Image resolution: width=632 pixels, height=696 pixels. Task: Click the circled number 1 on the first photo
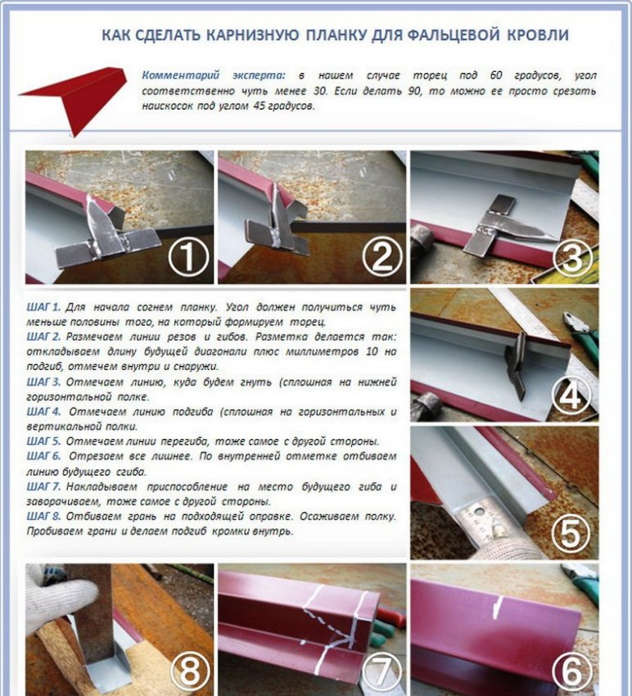point(188,255)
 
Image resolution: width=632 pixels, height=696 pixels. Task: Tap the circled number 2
point(382,255)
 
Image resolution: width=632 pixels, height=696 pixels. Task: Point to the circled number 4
point(571,395)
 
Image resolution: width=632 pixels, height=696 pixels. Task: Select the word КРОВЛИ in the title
point(538,35)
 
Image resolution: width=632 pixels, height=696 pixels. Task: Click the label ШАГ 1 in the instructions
point(43,307)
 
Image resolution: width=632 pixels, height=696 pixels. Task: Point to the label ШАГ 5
point(43,441)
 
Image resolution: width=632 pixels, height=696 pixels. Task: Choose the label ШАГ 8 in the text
point(43,517)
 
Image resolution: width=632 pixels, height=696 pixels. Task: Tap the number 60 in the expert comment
point(496,75)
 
